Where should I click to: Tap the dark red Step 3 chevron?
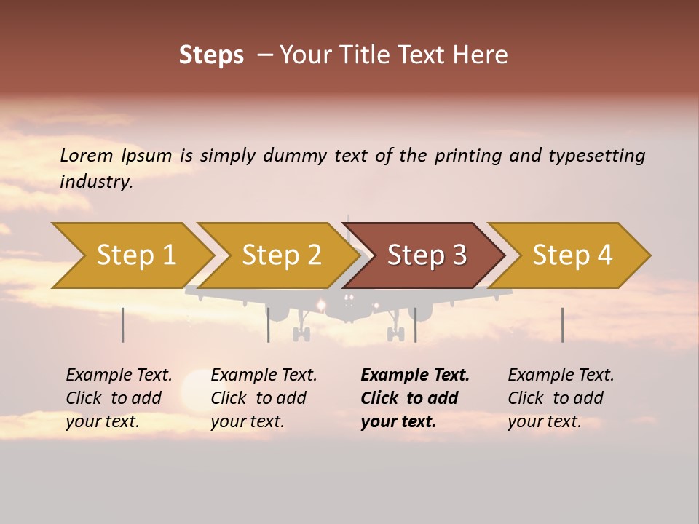click(426, 255)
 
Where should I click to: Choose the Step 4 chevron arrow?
click(572, 255)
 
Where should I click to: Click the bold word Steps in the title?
click(211, 55)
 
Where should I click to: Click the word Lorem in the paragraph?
click(87, 155)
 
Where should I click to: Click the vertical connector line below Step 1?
click(122, 325)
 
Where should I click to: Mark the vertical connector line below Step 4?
click(562, 325)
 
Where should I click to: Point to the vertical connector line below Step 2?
click(268, 325)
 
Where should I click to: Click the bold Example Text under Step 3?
click(415, 376)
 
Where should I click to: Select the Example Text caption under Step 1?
click(119, 376)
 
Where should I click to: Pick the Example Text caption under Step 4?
click(561, 376)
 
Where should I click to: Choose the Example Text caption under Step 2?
click(264, 376)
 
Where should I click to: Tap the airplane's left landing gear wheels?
click(301, 334)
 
